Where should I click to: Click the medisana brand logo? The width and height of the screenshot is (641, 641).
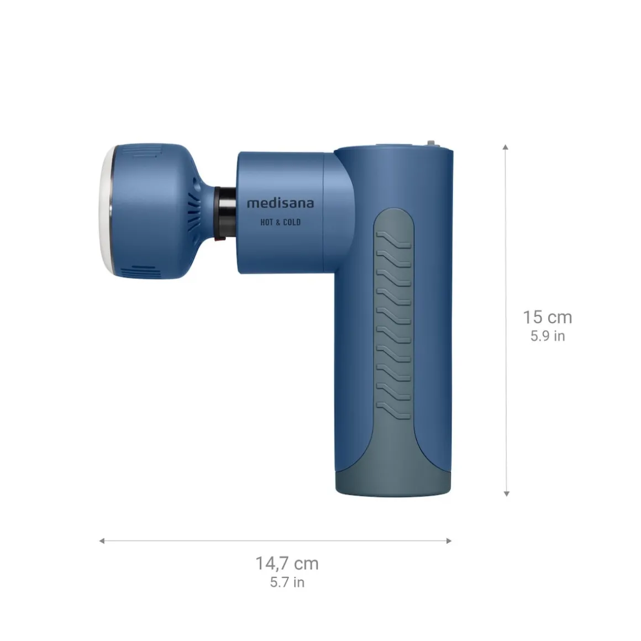click(x=280, y=203)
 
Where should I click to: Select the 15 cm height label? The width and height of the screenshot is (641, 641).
click(x=547, y=318)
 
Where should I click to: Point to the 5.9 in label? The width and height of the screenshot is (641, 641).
click(x=548, y=336)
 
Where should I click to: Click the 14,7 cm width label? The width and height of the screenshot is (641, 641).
click(x=287, y=564)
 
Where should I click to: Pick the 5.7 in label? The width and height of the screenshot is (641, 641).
click(x=287, y=582)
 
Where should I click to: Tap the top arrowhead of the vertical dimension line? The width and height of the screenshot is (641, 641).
click(x=506, y=147)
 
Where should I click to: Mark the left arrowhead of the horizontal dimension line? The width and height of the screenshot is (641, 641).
click(x=102, y=540)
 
